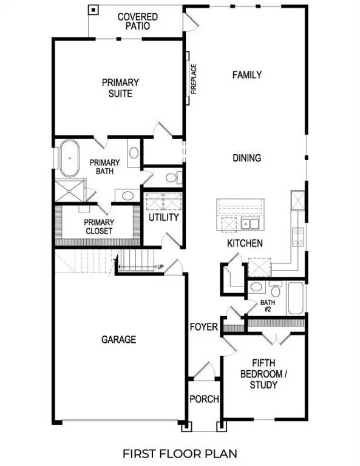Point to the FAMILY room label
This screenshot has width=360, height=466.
pyautogui.click(x=247, y=75)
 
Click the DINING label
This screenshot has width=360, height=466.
pyautogui.click(x=246, y=158)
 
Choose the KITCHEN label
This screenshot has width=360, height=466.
pyautogui.click(x=245, y=243)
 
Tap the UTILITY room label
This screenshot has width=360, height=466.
pyautogui.click(x=163, y=217)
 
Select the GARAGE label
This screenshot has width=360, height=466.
pyautogui.click(x=118, y=340)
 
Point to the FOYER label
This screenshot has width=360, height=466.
pyautogui.click(x=203, y=328)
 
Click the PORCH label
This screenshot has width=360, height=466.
pyautogui.click(x=204, y=399)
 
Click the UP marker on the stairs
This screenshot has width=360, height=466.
pyautogui.click(x=160, y=267)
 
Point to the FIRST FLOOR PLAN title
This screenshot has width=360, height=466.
pyautogui.click(x=180, y=453)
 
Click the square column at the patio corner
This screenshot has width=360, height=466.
pyautogui.click(x=93, y=10)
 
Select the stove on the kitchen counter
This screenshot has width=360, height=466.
pyautogui.click(x=298, y=235)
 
